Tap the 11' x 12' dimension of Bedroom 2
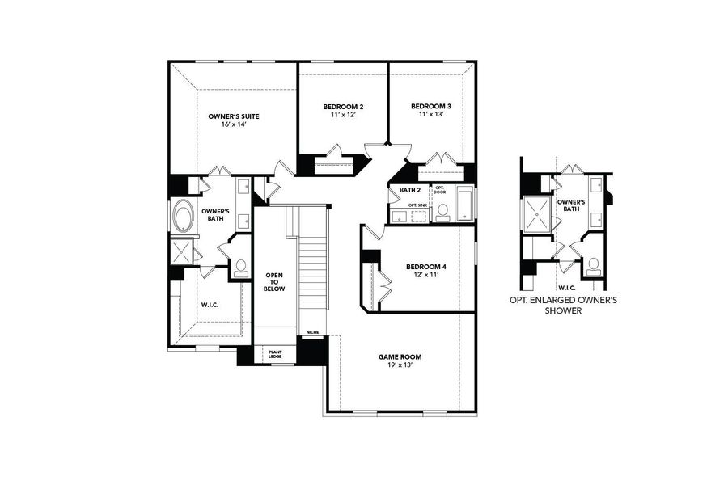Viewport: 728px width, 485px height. click(x=343, y=116)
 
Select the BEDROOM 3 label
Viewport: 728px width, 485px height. click(x=430, y=107)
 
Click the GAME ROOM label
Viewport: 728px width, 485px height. click(x=400, y=356)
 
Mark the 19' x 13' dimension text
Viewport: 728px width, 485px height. click(x=400, y=365)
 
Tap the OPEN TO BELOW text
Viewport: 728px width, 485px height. click(x=274, y=281)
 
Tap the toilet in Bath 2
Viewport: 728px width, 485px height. click(x=442, y=211)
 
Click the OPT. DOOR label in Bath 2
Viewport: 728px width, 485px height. click(x=439, y=190)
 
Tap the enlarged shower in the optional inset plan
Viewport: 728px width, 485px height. click(x=537, y=212)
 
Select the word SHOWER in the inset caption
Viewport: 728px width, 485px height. click(x=563, y=310)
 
